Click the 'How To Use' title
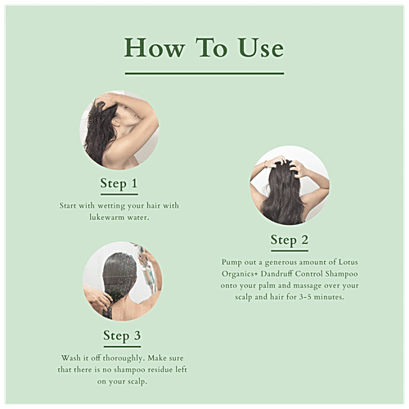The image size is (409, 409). tap(204, 47)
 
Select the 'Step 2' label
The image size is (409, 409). tap(289, 240)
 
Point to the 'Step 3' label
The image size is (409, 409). tap(122, 335)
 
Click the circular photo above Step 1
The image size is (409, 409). tap(119, 131)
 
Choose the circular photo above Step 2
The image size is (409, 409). tap(289, 186)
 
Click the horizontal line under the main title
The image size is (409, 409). tap(204, 74)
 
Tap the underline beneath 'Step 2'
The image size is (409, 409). tap(289, 250)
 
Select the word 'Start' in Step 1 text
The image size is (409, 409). tap(70, 207)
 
